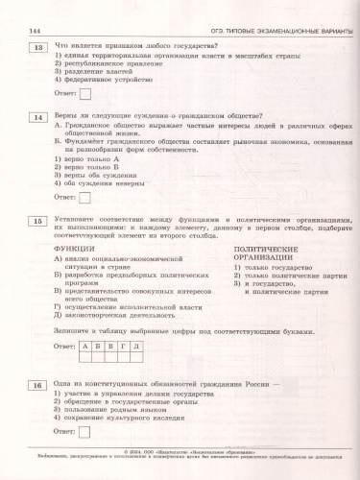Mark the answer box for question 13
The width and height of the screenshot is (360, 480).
pos(85,93)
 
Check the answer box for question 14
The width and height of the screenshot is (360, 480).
pos(85,197)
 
